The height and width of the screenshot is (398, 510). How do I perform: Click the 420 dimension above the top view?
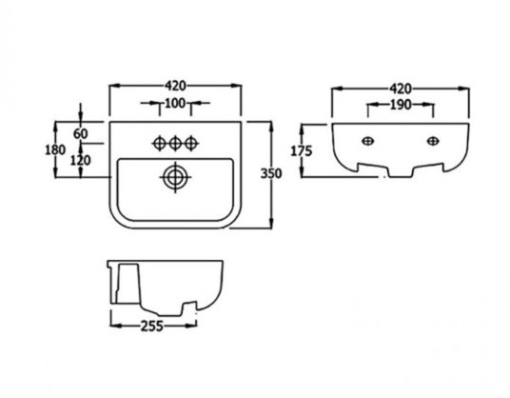pyautogui.click(x=175, y=86)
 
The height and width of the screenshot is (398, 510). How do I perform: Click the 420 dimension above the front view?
pyautogui.click(x=401, y=89)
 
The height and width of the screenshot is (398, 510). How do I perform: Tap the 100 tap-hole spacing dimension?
pyautogui.click(x=175, y=103)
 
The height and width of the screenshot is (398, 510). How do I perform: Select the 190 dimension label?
pyautogui.click(x=400, y=105)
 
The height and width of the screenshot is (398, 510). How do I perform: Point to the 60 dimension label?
pyautogui.click(x=80, y=133)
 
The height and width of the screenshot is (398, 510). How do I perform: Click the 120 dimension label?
pyautogui.click(x=80, y=160)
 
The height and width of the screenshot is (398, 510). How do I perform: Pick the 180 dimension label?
pyautogui.click(x=55, y=149)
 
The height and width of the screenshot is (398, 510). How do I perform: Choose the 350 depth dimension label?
pyautogui.click(x=271, y=174)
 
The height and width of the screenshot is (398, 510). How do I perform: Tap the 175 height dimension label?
pyautogui.click(x=302, y=151)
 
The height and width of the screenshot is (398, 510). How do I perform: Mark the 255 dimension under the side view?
pyautogui.click(x=151, y=326)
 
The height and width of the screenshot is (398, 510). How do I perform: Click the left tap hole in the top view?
pyautogui.click(x=160, y=143)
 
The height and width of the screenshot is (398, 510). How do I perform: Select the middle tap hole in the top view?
pyautogui.click(x=175, y=143)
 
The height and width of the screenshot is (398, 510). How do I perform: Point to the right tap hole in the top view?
pyautogui.click(x=191, y=143)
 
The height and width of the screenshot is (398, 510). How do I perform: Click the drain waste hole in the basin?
pyautogui.click(x=175, y=177)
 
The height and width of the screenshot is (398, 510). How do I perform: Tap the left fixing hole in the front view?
pyautogui.click(x=368, y=141)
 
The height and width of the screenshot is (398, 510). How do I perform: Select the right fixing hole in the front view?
pyautogui.click(x=433, y=141)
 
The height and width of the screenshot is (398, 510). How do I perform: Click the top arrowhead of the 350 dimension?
pyautogui.click(x=271, y=127)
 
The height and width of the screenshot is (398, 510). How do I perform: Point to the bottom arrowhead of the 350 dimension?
pyautogui.click(x=271, y=224)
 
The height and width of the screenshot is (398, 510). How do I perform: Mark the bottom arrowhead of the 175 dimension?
pyautogui.click(x=303, y=172)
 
